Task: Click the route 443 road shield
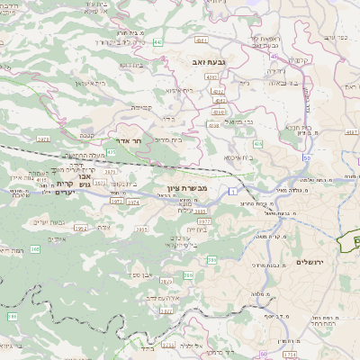point(157,42)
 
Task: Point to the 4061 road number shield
point(202,40)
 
